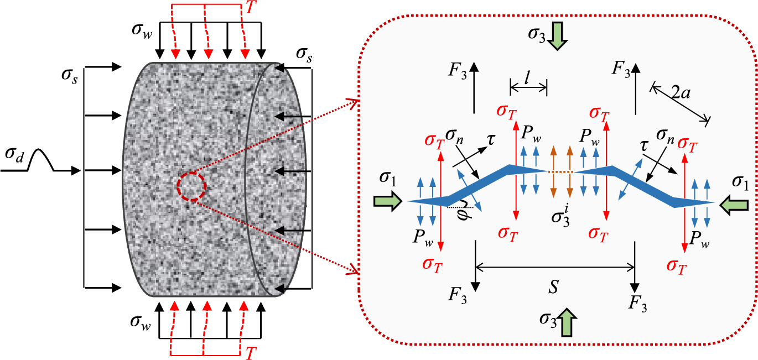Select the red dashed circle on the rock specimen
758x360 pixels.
191,186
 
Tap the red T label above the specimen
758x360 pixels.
250,7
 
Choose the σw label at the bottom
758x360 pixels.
141,321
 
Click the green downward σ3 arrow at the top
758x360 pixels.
557,36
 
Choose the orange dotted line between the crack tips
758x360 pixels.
560,172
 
